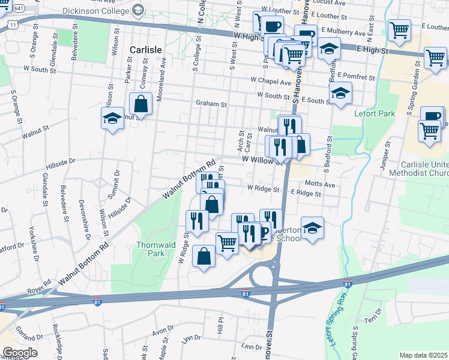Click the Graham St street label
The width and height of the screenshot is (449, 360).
[x=211, y=104]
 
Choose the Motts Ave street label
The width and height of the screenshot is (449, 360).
[x=320, y=185]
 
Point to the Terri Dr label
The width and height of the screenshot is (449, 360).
[x=377, y=313]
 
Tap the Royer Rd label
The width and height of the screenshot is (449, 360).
[x=40, y=287]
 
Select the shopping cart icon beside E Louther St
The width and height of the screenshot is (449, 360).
[x=399, y=29]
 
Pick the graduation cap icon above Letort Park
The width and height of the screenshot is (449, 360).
[x=340, y=94]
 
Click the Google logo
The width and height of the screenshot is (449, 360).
[x=20, y=352]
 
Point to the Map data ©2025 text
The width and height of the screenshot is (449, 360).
[x=423, y=355]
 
